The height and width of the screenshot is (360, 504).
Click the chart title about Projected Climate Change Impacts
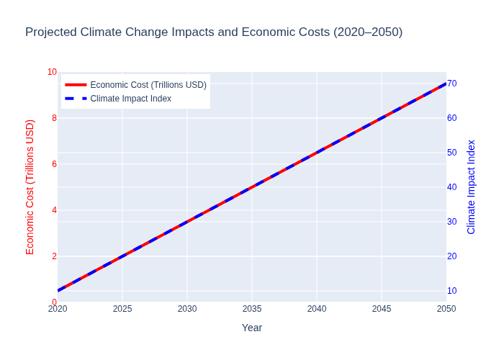pos(214,32)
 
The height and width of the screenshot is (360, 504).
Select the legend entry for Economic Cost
pos(148,85)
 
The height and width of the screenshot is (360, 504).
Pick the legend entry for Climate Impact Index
pos(130,99)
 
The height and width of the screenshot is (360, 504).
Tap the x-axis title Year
pos(252,328)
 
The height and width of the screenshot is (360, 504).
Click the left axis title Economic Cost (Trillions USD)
pos(30,187)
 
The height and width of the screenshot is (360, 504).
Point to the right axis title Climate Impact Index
pos(472,187)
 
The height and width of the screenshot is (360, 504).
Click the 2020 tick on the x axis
pos(58,309)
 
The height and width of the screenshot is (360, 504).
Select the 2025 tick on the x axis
pos(122,309)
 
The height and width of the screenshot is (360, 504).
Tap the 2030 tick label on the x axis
pos(187,309)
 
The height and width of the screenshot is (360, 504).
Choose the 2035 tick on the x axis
pos(252,309)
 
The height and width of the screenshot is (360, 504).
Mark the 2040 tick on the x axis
pos(317,309)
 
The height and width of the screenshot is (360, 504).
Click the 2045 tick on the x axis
pos(382,309)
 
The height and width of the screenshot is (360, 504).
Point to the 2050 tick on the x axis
pos(446,309)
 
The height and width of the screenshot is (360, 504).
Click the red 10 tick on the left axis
pos(52,72)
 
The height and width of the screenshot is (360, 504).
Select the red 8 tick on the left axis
pos(54,118)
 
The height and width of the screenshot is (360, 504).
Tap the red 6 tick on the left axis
pos(54,164)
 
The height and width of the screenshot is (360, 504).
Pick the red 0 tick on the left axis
pos(54,302)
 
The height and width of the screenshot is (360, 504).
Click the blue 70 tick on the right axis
pos(452,84)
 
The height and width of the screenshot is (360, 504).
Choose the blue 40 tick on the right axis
pos(452,187)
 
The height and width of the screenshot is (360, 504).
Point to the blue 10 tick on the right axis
pos(452,291)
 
